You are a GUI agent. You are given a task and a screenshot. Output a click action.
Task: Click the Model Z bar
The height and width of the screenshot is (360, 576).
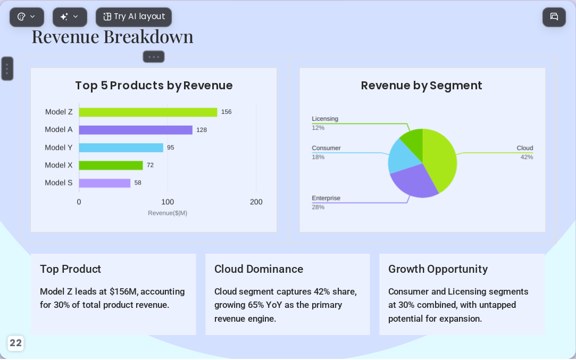[148, 112]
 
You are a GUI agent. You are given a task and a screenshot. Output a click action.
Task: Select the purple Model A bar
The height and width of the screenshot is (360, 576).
[136, 130]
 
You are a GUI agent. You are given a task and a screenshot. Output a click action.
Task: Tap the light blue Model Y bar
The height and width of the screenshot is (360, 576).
[121, 148]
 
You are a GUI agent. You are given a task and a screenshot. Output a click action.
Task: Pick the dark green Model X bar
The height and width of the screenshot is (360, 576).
[111, 165]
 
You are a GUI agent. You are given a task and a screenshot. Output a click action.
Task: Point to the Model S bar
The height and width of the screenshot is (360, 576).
[105, 183]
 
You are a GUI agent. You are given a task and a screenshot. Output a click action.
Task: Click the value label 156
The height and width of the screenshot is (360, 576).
[226, 112]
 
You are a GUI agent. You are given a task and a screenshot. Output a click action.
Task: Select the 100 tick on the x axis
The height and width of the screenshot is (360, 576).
[168, 202]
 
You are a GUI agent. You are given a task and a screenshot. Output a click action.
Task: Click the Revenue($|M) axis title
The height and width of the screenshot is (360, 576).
[168, 213]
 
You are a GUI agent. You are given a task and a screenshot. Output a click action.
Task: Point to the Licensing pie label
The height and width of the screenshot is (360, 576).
[325, 119]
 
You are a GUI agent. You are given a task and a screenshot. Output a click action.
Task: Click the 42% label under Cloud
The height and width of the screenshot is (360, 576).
[527, 157]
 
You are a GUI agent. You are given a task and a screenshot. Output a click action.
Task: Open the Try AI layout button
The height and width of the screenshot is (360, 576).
[133, 17]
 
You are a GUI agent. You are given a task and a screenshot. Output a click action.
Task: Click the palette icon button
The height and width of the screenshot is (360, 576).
[27, 17]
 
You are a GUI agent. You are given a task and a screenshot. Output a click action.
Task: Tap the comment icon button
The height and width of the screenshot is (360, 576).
[554, 17]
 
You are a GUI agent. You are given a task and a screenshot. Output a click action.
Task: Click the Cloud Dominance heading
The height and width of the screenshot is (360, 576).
[258, 269]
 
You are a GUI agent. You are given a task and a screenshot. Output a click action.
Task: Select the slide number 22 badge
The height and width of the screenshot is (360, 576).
[15, 343]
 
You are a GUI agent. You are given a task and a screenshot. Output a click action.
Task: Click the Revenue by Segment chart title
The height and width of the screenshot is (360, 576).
[421, 86]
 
